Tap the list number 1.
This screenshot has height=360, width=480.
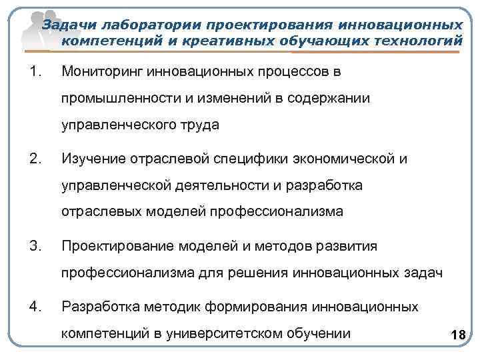(x=35, y=71)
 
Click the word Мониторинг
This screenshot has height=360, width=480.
(x=102, y=71)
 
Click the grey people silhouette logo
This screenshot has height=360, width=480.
(x=33, y=27)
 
